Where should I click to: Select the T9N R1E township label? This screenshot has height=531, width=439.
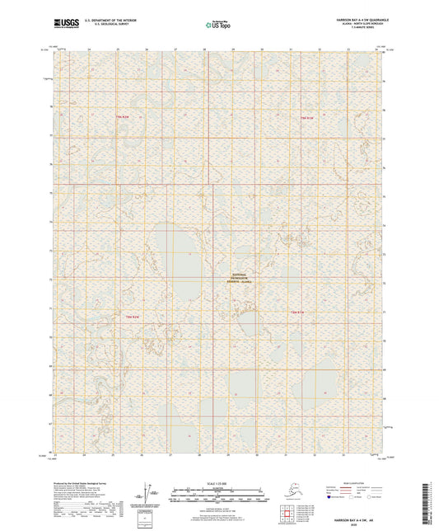[x=306, y=118]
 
